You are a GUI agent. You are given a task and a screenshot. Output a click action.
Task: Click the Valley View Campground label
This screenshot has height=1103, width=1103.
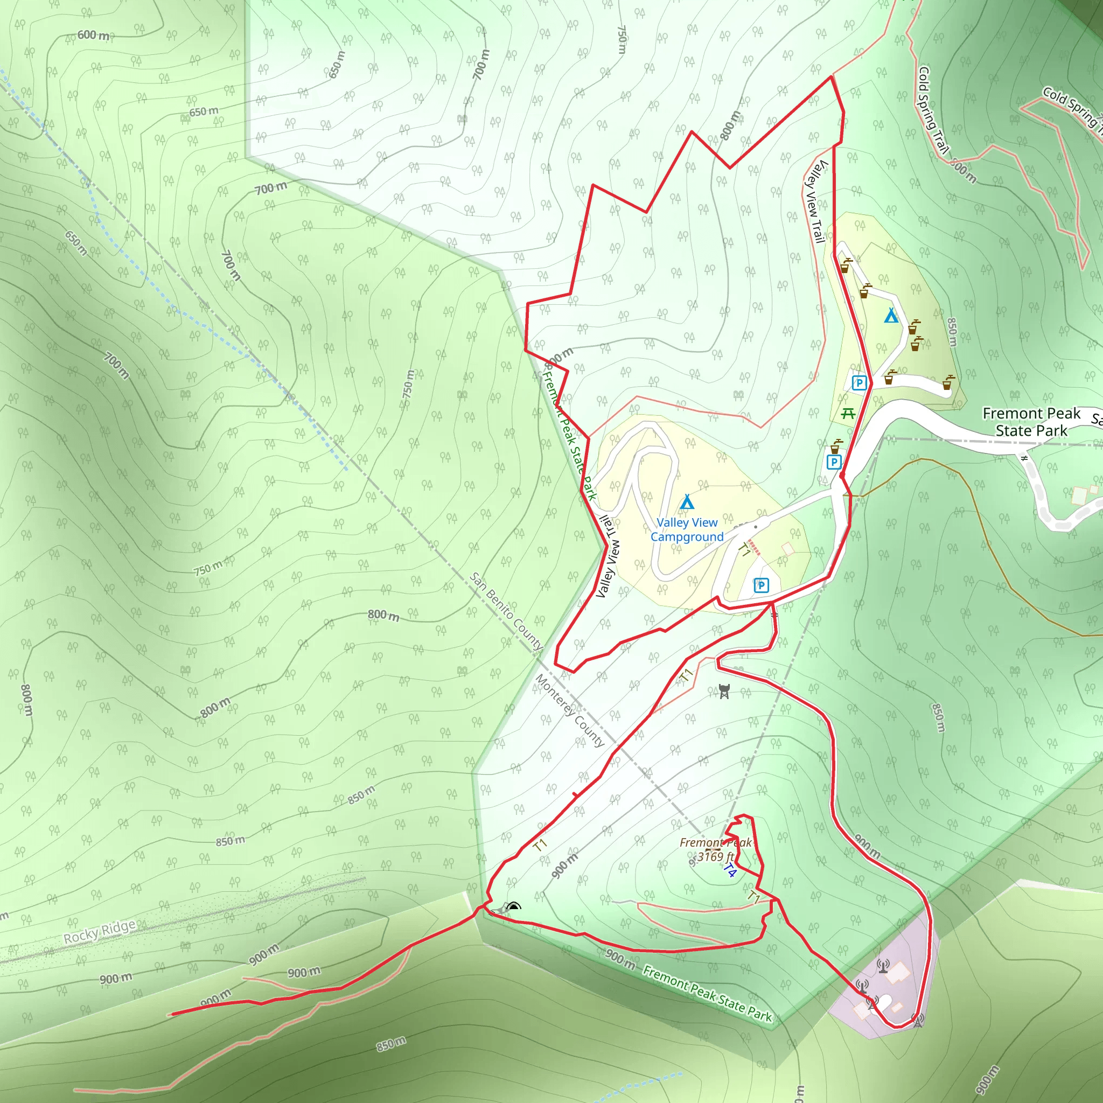click(x=687, y=529)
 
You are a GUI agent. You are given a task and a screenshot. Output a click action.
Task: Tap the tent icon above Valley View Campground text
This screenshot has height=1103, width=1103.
click(x=687, y=502)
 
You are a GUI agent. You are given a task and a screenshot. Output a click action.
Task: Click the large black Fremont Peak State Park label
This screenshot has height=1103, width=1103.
click(x=1031, y=421)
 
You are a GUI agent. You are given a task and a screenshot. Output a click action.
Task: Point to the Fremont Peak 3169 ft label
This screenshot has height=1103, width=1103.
click(x=715, y=849)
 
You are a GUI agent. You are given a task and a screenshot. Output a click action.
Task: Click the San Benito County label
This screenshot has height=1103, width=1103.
click(x=506, y=611)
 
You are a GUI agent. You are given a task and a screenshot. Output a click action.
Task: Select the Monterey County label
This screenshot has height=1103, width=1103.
click(x=569, y=710)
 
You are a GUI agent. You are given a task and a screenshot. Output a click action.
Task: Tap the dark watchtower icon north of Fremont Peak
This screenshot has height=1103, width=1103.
click(x=724, y=691)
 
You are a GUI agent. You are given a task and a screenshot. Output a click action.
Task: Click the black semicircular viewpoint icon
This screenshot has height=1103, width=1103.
click(x=514, y=905)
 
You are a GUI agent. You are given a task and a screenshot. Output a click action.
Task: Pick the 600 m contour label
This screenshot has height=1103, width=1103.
click(x=93, y=35)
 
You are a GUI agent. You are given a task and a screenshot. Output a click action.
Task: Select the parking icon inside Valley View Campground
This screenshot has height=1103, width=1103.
click(x=760, y=585)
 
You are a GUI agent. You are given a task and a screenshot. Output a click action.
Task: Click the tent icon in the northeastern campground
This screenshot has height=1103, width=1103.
click(x=891, y=315)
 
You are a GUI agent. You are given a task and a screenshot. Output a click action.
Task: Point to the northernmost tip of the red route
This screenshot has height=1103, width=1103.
click(x=830, y=76)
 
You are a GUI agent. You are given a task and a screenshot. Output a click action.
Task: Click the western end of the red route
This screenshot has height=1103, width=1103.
click(x=172, y=1015)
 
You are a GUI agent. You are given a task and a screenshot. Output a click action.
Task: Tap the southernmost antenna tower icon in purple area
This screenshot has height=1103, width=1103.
click(x=917, y=1020)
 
